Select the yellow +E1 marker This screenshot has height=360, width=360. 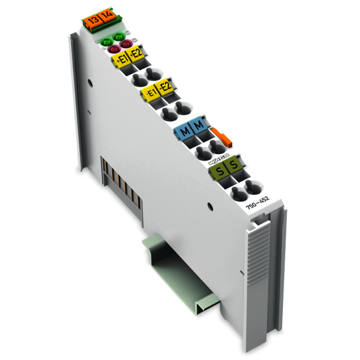121,58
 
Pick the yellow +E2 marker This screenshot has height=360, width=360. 136,55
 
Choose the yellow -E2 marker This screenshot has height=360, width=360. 165,88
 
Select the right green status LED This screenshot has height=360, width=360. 119,37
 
